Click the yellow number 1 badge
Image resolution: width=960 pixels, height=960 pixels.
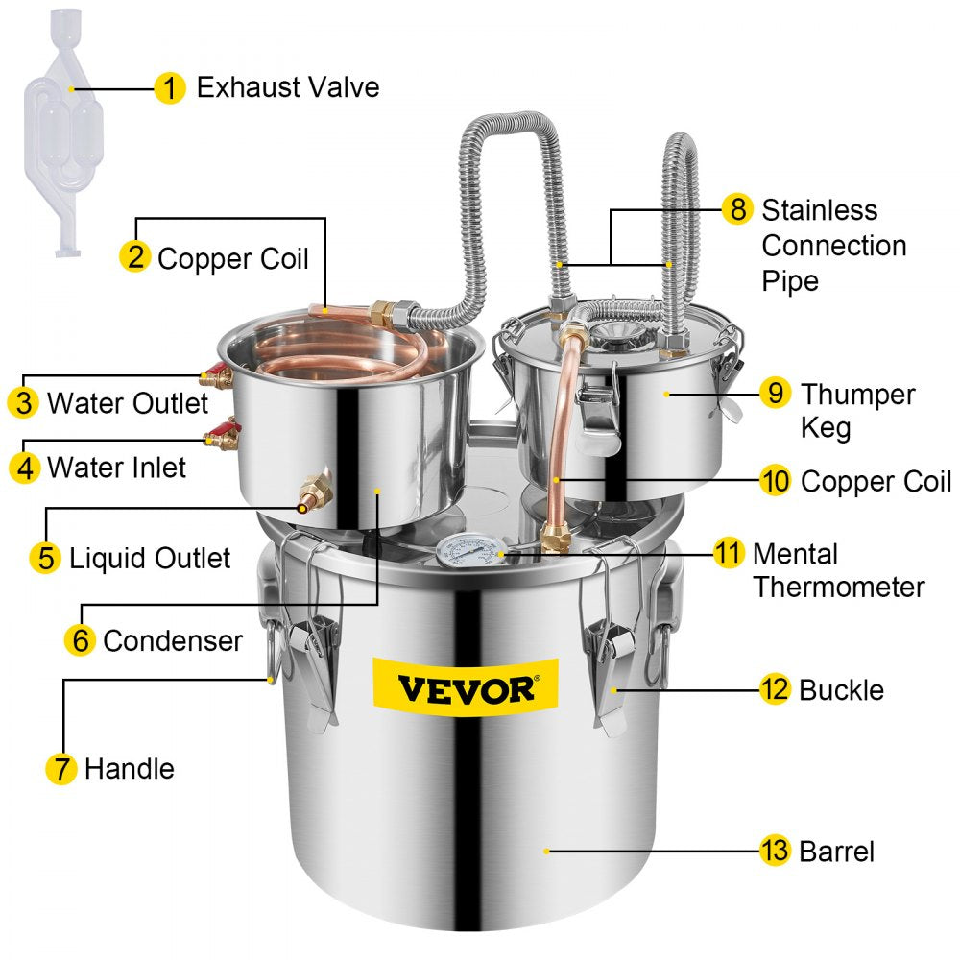pos(170,88)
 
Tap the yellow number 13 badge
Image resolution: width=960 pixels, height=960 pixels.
pos(775,851)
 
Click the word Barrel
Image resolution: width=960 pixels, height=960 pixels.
pos(836,851)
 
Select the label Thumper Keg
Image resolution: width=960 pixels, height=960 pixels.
pos(857,410)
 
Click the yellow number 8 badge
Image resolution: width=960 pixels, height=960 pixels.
pos(736,209)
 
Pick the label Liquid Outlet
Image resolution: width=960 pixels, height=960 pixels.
pos(150,558)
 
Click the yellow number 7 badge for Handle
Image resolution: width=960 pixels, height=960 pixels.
pos(60,768)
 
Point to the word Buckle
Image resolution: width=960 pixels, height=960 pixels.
pos(841,689)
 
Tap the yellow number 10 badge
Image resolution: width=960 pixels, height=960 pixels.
pos(775,481)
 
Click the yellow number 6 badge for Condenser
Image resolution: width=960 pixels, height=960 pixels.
pos(81,639)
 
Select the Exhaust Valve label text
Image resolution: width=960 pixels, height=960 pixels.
pos(287,88)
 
